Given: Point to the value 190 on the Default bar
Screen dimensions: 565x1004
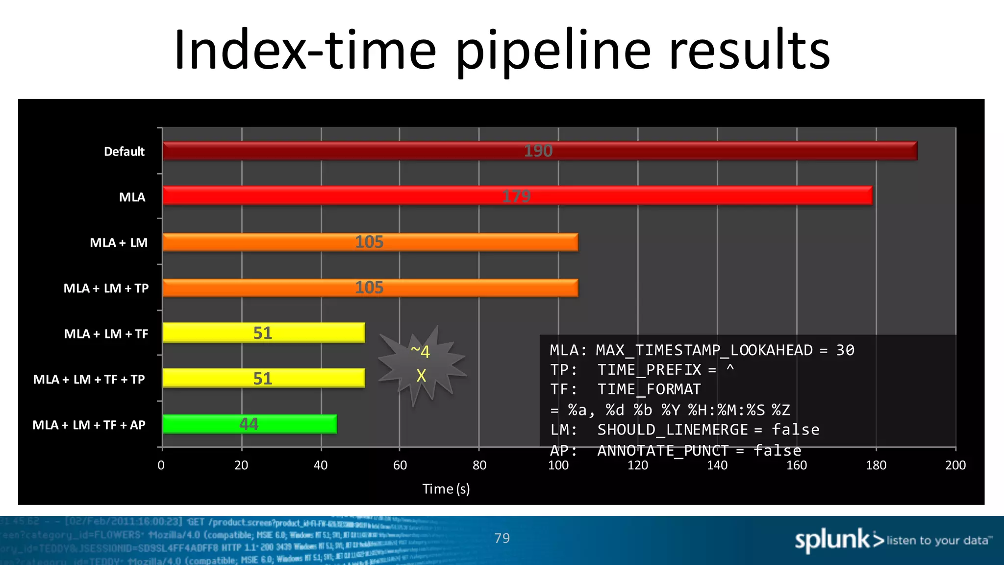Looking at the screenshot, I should pyautogui.click(x=538, y=151).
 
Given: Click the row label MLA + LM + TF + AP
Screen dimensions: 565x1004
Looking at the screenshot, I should pyautogui.click(x=89, y=425).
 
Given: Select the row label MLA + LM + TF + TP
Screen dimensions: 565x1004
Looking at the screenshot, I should pyautogui.click(x=89, y=380).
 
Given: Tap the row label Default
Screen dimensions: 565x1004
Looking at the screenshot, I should pyautogui.click(x=124, y=152).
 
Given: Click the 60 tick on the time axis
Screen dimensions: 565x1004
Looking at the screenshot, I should pyautogui.click(x=400, y=465).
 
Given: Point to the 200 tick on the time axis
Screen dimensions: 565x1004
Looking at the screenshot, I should pyautogui.click(x=955, y=465).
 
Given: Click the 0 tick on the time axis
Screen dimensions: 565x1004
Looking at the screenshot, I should pyautogui.click(x=161, y=465).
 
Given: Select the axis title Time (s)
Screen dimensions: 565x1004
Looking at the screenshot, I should pyautogui.click(x=446, y=489).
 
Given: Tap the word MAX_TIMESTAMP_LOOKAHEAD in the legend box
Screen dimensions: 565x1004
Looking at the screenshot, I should pyautogui.click(x=704, y=350).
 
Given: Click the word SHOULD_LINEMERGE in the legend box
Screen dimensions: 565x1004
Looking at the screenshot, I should pyautogui.click(x=673, y=430).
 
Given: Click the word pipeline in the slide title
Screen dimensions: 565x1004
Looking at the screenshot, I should pyautogui.click(x=553, y=50).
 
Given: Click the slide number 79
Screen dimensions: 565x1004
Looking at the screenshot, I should pyautogui.click(x=502, y=539).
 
